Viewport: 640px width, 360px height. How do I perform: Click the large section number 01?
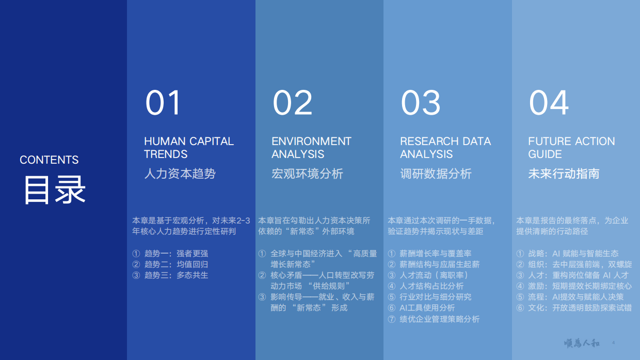tap(163, 103)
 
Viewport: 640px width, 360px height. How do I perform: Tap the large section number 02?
tap(292, 103)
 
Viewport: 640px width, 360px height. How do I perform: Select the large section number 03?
tap(421, 103)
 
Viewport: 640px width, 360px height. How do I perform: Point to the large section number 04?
tap(549, 103)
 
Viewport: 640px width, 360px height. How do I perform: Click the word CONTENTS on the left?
tap(49, 160)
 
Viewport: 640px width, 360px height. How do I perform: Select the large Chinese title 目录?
tap(54, 190)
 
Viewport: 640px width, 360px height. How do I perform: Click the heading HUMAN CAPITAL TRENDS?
tap(188, 148)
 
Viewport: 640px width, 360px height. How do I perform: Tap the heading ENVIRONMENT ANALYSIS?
tap(311, 148)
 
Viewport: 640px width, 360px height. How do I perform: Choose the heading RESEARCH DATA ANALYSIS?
tap(445, 148)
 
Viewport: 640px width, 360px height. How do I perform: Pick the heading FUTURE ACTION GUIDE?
tap(571, 148)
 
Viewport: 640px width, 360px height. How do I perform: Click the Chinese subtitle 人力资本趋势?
tap(180, 174)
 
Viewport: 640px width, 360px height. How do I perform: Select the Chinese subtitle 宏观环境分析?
tap(307, 174)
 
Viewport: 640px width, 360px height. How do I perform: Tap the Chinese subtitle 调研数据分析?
tap(436, 174)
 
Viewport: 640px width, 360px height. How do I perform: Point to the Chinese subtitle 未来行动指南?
tap(564, 174)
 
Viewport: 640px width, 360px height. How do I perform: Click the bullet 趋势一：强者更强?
tap(175, 254)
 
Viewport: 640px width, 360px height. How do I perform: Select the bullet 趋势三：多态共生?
tap(175, 275)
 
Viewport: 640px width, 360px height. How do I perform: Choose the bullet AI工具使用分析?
tap(427, 308)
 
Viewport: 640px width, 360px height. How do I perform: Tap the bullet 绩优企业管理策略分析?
tap(439, 319)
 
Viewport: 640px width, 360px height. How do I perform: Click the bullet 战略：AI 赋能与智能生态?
tap(573, 254)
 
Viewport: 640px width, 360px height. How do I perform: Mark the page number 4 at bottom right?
tap(613, 343)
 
